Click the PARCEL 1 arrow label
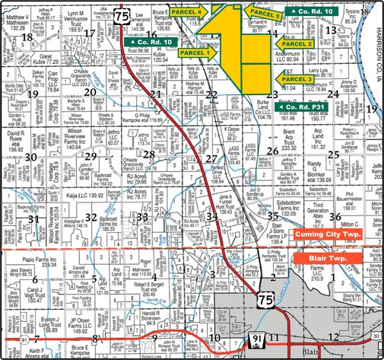[194, 53]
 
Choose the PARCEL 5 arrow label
[262, 14]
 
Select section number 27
[212, 158]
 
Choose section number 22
[212, 95]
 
